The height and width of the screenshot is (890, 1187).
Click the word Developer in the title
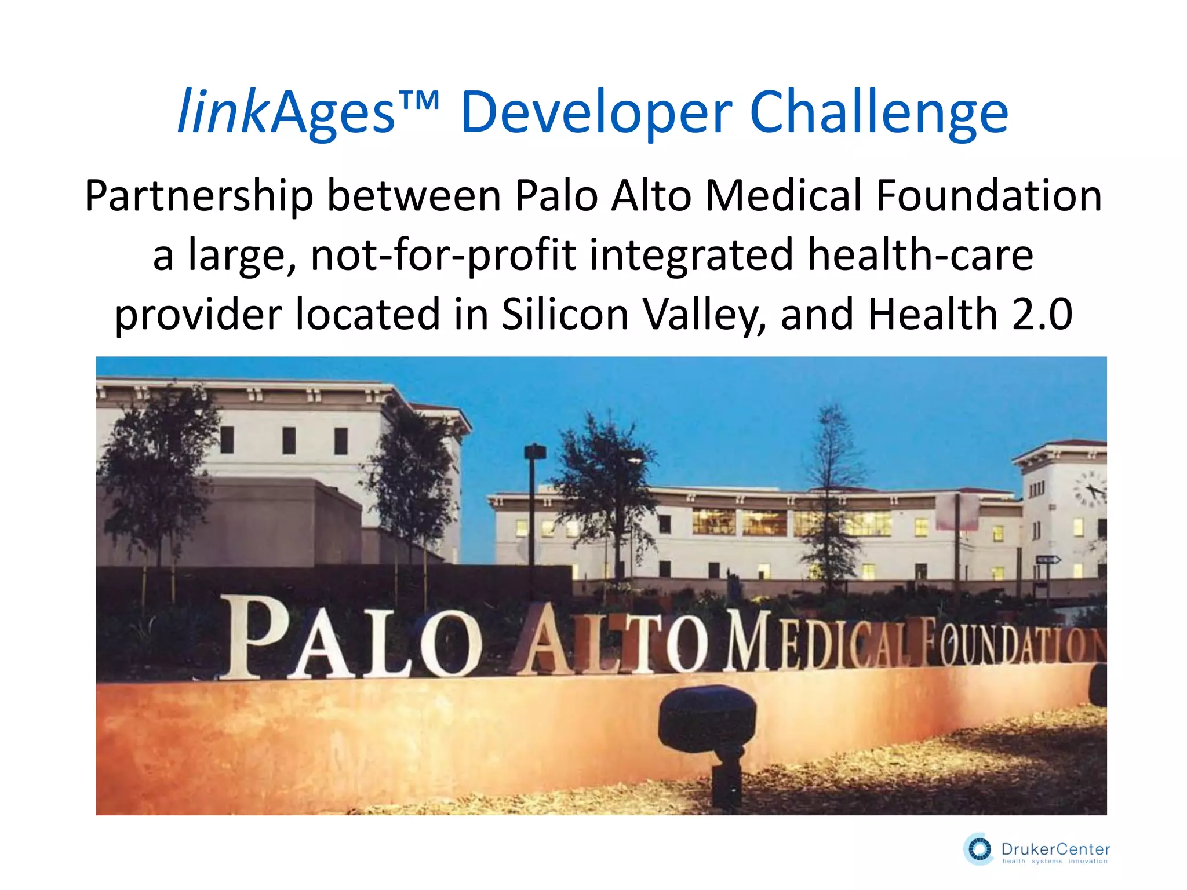(596, 113)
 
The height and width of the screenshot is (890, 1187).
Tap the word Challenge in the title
(879, 113)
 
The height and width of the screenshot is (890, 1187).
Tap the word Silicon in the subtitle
(565, 315)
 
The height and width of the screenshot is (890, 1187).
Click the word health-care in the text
(920, 255)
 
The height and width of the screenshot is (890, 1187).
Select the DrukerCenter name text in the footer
(1055, 849)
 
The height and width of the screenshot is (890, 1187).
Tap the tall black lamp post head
(534, 451)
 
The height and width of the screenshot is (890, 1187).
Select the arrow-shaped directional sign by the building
(1048, 560)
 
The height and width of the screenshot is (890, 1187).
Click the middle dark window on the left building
(289, 440)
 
